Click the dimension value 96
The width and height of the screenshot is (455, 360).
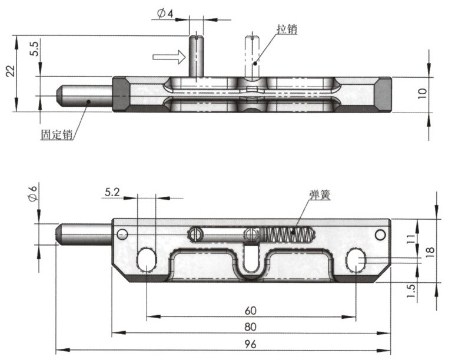point(251,341)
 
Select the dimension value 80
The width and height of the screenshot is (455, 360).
point(251,326)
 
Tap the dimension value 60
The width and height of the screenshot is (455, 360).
point(251,309)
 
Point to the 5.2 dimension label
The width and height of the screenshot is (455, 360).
point(113,191)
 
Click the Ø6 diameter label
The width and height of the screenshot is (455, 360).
point(33,193)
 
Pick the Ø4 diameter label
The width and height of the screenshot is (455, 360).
point(166,13)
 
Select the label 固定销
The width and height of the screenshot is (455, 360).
point(57,134)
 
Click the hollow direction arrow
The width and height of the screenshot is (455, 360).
point(168,57)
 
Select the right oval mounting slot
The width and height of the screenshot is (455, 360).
point(356,260)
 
